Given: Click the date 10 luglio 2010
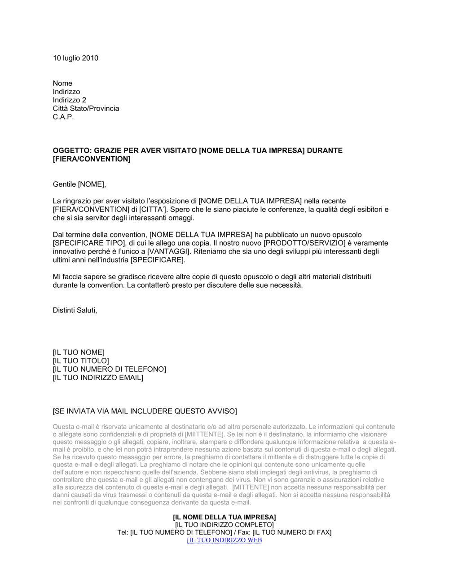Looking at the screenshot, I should point(75,58).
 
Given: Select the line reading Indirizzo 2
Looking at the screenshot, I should point(69,100).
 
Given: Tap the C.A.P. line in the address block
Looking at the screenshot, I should point(63,117).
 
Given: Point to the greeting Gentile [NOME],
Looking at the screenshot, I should point(79,184).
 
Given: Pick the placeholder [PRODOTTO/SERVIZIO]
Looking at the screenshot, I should point(302,243).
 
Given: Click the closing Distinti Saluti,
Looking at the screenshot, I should point(75,310).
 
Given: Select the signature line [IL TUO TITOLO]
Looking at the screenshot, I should point(81,361).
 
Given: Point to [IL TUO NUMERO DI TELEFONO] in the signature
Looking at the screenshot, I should point(109,369).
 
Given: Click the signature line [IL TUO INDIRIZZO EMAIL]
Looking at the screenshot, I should point(98,378).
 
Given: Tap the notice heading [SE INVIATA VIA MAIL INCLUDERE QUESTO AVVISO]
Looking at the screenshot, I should point(145,411).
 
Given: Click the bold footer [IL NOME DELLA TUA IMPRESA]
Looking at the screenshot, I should point(224,518).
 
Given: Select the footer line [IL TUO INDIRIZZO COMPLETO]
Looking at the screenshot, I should point(224,525).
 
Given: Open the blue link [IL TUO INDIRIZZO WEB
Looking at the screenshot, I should point(224,540).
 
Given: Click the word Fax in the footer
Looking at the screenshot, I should point(244,533).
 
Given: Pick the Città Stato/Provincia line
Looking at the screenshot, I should point(86,109).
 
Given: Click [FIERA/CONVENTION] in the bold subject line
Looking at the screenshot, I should point(92,159).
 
